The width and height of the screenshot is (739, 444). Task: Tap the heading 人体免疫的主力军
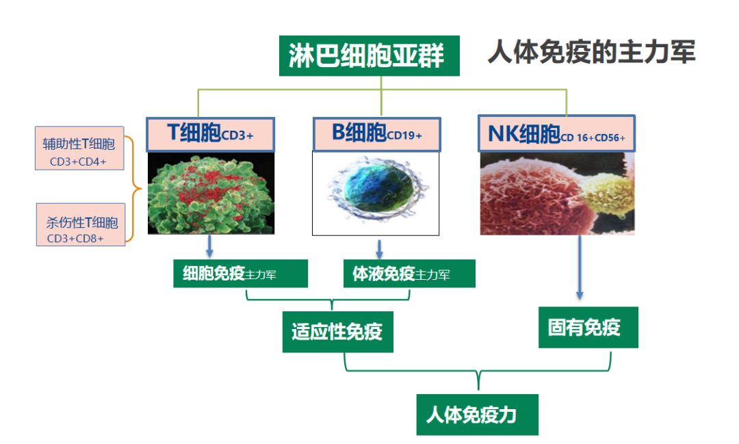pyautogui.click(x=591, y=52)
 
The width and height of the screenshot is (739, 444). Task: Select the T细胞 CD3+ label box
pyautogui.click(x=211, y=133)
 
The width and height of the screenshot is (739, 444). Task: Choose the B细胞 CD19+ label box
pyautogui.click(x=376, y=133)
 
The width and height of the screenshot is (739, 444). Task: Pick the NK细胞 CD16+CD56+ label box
pyautogui.click(x=556, y=133)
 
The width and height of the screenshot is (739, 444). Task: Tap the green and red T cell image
pyautogui.click(x=211, y=193)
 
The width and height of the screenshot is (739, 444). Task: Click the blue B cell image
pyautogui.click(x=375, y=192)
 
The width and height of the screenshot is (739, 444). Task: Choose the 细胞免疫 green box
pyautogui.click(x=240, y=274)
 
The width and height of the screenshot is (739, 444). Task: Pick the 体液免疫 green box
pyautogui.click(x=409, y=274)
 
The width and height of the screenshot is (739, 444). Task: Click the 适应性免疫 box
pyautogui.click(x=337, y=332)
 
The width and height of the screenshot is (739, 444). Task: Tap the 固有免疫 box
pyautogui.click(x=588, y=328)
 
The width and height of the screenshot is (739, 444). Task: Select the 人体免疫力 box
pyautogui.click(x=477, y=415)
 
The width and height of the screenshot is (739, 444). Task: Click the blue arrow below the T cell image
pyautogui.click(x=210, y=246)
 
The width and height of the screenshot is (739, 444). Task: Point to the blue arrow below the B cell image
pyautogui.click(x=378, y=248)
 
